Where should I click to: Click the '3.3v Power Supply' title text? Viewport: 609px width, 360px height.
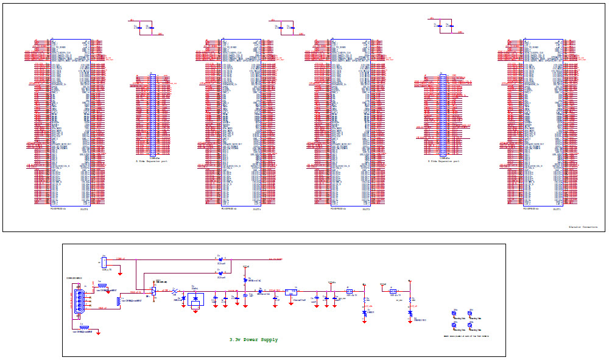coord(253,339)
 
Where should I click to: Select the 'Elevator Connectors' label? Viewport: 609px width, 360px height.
coord(583,227)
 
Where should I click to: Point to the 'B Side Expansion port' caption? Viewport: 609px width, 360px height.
coord(443,161)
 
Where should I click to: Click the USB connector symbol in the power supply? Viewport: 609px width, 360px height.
coord(78,303)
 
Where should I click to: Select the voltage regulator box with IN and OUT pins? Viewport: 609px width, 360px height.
coord(291,291)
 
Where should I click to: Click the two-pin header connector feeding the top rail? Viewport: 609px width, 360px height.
coord(104,262)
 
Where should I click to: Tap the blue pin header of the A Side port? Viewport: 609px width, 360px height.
coord(153,115)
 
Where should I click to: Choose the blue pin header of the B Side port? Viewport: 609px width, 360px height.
coord(443,115)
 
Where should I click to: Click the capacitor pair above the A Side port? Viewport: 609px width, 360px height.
coord(143,27)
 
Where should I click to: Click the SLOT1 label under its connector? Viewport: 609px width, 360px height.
coord(557,210)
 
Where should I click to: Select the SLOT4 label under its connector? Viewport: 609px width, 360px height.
coord(85,210)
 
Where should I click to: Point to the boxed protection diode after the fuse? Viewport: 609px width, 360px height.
coord(195,299)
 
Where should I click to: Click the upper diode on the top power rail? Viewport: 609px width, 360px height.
coord(220,259)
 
